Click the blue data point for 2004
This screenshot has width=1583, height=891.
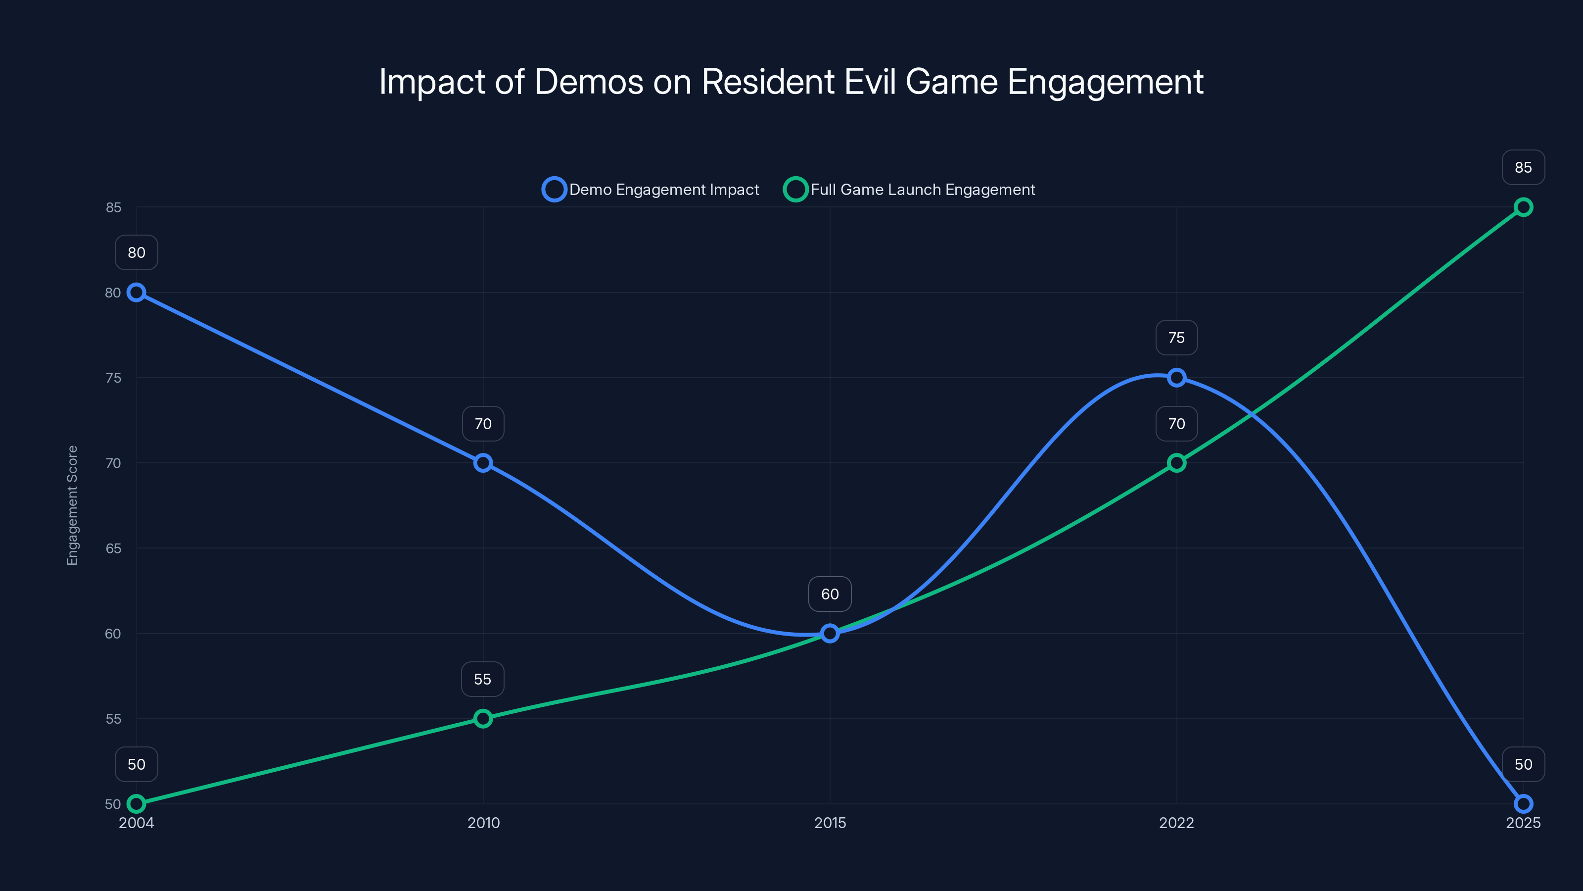pyautogui.click(x=137, y=292)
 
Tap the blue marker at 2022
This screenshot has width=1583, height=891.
pyautogui.click(x=1176, y=378)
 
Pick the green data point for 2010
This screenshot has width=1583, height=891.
pyautogui.click(x=483, y=718)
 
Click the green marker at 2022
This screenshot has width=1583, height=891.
pyautogui.click(x=1176, y=463)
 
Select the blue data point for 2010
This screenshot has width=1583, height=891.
pyautogui.click(x=483, y=463)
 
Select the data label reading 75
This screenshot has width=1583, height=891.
pyautogui.click(x=1176, y=338)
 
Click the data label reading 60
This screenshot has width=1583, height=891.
pyautogui.click(x=830, y=594)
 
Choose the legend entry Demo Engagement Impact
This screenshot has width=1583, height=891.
pyautogui.click(x=652, y=190)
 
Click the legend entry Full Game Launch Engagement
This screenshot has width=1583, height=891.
pyautogui.click(x=910, y=190)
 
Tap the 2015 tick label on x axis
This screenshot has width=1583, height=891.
pyautogui.click(x=830, y=823)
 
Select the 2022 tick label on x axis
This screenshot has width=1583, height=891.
pyautogui.click(x=1176, y=823)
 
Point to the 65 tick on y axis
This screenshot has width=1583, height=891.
pyautogui.click(x=113, y=548)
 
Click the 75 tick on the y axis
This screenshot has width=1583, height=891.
pyautogui.click(x=113, y=378)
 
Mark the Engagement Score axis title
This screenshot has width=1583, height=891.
pyautogui.click(x=73, y=505)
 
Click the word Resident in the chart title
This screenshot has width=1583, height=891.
pyautogui.click(x=768, y=82)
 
